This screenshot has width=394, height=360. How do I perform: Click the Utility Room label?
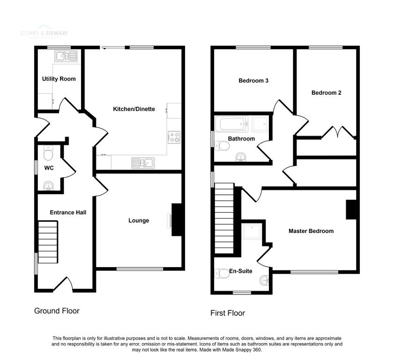click(59, 79)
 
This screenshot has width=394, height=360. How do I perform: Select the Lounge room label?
click(139, 220)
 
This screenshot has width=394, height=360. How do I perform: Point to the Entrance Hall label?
click(68, 212)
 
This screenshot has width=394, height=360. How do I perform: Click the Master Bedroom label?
click(311, 231)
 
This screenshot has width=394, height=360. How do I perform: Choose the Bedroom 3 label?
click(253, 81)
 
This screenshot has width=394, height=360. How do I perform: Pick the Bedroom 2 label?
click(327, 93)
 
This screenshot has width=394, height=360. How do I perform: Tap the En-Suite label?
click(241, 271)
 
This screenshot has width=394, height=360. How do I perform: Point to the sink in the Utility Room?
click(66, 57)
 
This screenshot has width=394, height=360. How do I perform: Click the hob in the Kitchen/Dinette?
click(174, 137)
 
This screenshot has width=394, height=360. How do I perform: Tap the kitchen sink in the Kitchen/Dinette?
click(144, 163)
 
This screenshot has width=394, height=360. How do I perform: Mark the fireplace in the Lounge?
click(177, 220)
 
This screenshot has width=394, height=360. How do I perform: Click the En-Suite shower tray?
click(253, 231)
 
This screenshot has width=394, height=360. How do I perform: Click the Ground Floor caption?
click(57, 311)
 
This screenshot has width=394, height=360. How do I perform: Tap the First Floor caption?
click(228, 313)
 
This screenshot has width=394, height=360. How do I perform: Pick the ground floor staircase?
click(47, 243)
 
